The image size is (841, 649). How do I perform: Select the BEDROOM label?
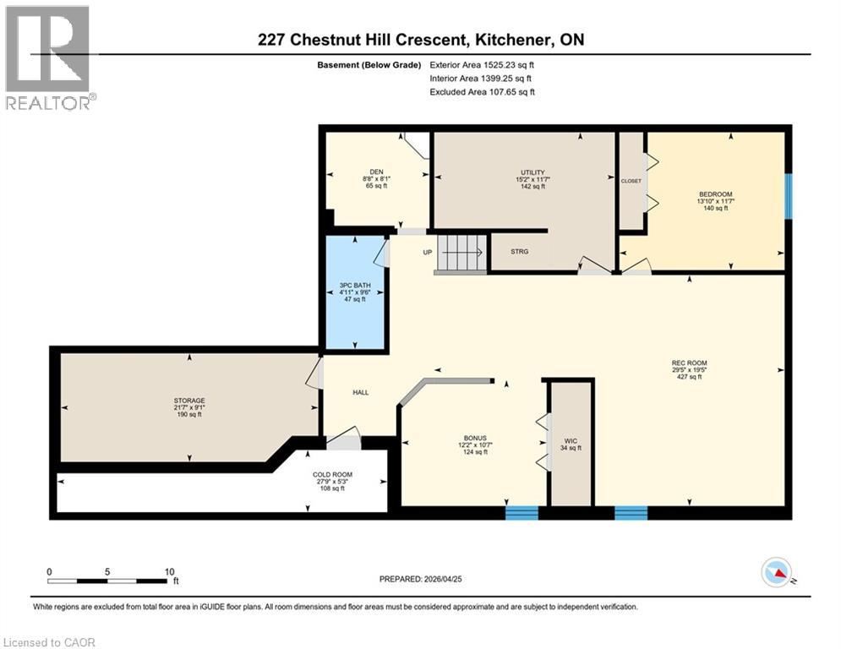click(x=714, y=194)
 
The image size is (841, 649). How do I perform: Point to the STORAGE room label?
click(x=189, y=401)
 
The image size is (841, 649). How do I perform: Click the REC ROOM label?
click(x=690, y=363)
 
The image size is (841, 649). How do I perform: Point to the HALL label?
click(x=361, y=392)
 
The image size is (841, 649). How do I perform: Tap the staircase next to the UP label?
click(x=461, y=252)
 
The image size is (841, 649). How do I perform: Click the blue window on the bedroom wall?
click(x=788, y=195)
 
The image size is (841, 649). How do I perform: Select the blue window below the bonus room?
click(x=522, y=512)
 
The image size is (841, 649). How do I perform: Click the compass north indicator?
click(x=777, y=572)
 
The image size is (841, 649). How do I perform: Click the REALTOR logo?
click(x=47, y=57)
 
